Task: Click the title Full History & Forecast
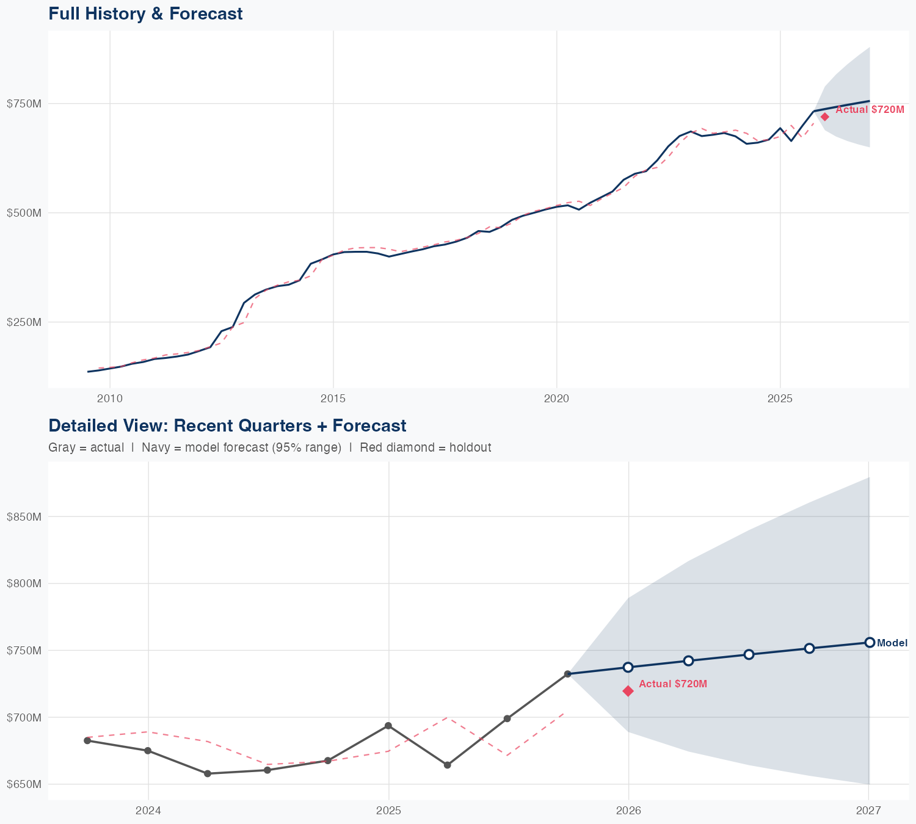(145, 13)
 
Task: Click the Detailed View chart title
(227, 425)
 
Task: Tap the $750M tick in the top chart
(24, 104)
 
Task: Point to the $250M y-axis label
(24, 322)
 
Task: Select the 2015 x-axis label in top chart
(333, 399)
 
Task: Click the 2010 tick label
(110, 399)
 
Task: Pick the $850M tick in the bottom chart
(24, 516)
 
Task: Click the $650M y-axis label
(24, 784)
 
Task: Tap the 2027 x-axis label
(868, 811)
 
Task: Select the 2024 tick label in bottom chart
(148, 811)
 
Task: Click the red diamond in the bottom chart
(628, 691)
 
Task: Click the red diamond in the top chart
(824, 117)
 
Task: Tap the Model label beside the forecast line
(892, 643)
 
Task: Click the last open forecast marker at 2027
(870, 642)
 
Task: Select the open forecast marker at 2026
(628, 667)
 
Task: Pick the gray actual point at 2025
(388, 726)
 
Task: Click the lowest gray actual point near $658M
(207, 773)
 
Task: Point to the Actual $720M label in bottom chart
(673, 684)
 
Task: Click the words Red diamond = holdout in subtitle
(426, 447)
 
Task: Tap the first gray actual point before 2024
(87, 740)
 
